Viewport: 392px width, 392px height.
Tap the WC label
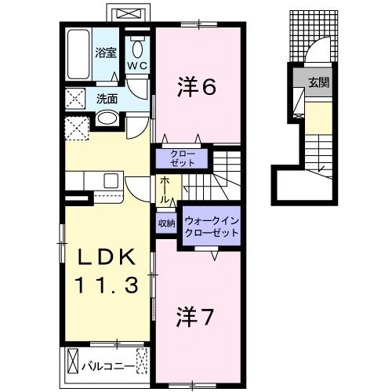(136, 67)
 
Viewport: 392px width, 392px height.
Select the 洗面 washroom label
(107, 100)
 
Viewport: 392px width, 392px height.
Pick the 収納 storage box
(167, 224)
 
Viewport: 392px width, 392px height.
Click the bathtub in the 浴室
(78, 53)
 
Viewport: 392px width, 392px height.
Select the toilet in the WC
(137, 45)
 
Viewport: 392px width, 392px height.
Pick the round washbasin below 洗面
(107, 120)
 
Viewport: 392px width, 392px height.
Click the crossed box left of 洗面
(76, 100)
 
